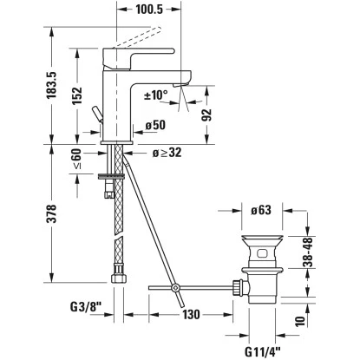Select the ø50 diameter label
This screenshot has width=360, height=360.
point(157,125)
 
